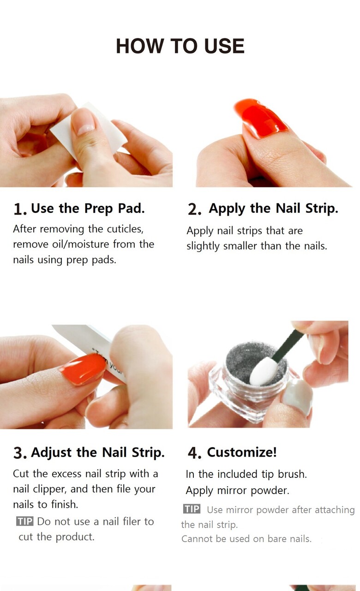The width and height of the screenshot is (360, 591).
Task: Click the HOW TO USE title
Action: tap(180, 46)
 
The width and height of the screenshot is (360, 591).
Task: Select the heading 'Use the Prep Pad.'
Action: tap(88, 209)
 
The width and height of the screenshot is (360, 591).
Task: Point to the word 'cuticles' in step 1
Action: tap(125, 229)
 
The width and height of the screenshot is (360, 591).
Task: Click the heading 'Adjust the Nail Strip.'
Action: tap(98, 453)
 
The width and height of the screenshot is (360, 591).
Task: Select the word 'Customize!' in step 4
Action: tap(242, 452)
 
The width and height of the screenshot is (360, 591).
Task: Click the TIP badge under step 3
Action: tap(25, 521)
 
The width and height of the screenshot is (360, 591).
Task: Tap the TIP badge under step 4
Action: tap(192, 509)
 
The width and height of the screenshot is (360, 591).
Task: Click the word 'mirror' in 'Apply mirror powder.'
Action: tap(232, 490)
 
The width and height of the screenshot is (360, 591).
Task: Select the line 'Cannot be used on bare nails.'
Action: tap(246, 538)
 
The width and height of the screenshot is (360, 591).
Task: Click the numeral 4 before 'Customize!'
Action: tap(193, 453)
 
